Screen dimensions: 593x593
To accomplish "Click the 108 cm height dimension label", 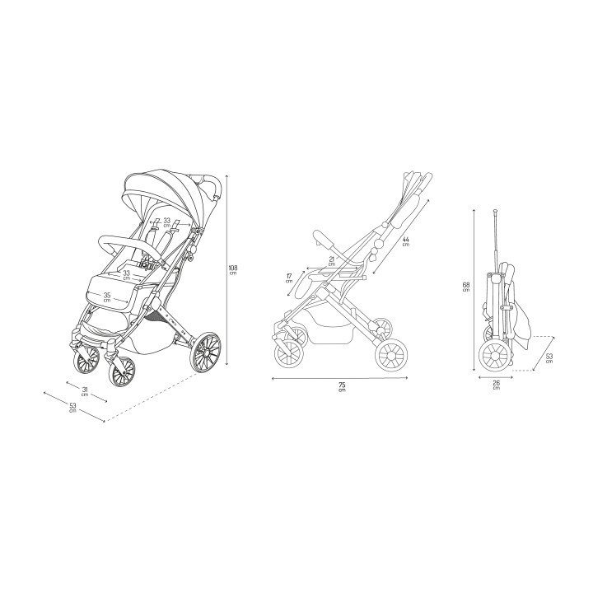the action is point(232,270).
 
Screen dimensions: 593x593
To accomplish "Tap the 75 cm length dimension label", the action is point(342,386).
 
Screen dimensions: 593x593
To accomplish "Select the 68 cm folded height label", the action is point(466,287).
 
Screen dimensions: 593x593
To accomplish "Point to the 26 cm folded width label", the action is point(497,385).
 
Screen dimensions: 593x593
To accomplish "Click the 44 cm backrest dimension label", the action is point(406,241).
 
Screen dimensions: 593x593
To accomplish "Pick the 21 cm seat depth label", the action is point(332,261).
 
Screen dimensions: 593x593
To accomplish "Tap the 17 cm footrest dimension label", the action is point(289,278).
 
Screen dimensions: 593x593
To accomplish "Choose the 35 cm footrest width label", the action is point(107,296).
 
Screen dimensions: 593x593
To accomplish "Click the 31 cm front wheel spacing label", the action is point(85,391).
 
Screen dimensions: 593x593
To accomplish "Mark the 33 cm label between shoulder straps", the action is point(166,222).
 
